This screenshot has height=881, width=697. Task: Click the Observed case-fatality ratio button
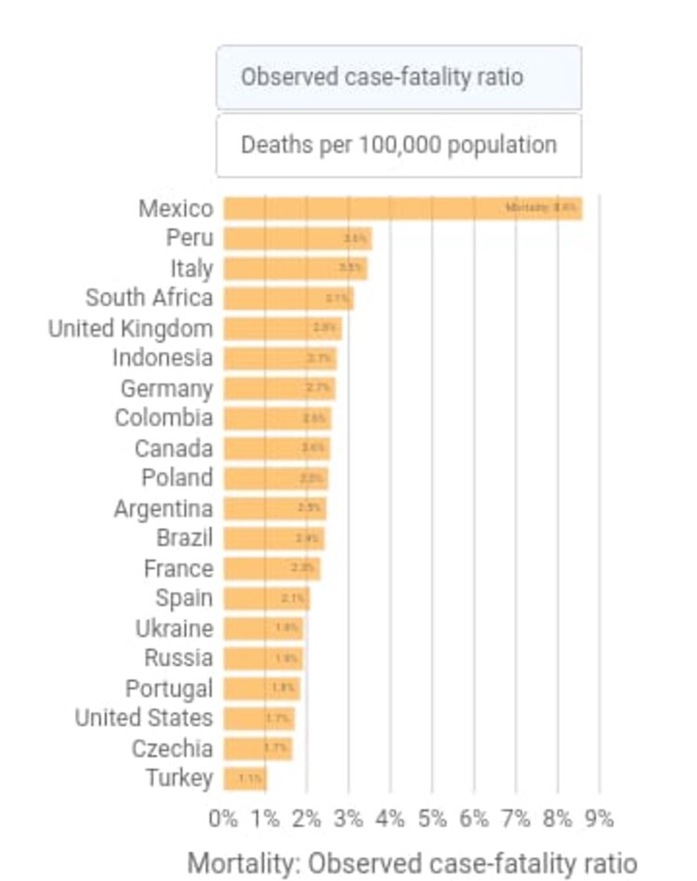[x=399, y=77]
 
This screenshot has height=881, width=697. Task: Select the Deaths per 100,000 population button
[x=399, y=145]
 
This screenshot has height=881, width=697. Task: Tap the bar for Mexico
[x=402, y=208]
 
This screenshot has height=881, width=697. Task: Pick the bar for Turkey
[x=245, y=778]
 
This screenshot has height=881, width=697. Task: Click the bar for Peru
[x=297, y=239]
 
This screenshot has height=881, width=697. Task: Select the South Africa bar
[x=288, y=298]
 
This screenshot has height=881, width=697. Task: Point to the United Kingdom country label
[x=130, y=329]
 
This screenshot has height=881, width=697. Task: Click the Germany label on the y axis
[x=166, y=388]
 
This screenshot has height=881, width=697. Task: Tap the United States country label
[x=144, y=718]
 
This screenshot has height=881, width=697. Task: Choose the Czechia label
[x=172, y=748]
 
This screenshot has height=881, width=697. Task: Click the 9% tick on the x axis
[x=599, y=819]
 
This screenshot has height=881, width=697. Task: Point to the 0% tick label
[x=224, y=819]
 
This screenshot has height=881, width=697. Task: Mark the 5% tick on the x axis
[x=433, y=819]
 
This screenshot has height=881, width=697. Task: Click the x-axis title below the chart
[x=413, y=861]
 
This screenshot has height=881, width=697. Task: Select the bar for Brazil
[x=274, y=538]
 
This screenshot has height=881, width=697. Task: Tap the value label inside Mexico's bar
[x=541, y=208]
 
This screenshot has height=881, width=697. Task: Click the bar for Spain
[x=267, y=598]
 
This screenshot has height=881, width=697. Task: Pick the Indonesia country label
[x=163, y=358]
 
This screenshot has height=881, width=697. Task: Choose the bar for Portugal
[x=262, y=689]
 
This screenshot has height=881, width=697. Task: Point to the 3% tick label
[x=349, y=819]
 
